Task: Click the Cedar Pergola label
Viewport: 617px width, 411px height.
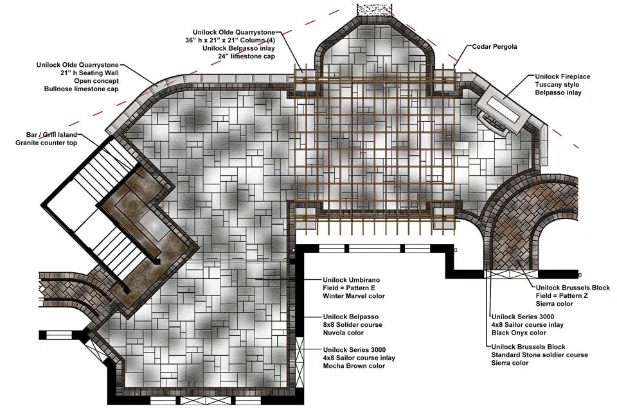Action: click(494, 47)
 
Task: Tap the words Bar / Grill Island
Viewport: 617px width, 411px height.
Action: click(51, 135)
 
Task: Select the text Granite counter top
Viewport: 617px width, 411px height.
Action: click(46, 143)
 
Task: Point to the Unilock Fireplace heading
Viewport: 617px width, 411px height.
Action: click(562, 76)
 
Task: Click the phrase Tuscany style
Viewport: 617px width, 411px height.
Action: click(557, 85)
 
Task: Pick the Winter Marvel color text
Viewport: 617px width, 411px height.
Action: click(353, 296)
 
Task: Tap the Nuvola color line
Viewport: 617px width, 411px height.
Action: click(343, 333)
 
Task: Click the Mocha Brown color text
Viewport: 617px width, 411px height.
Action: click(353, 366)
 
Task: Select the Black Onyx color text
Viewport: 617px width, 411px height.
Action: click(519, 333)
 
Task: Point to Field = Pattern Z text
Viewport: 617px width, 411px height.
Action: click(562, 296)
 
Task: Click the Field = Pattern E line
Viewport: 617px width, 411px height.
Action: click(349, 288)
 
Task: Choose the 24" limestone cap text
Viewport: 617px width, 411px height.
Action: click(246, 57)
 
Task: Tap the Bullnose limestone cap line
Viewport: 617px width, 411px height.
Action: click(82, 89)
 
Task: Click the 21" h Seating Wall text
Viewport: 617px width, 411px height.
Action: click(89, 73)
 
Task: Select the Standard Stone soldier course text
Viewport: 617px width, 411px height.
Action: click(539, 354)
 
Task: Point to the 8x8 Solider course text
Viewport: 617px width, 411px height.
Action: click(353, 325)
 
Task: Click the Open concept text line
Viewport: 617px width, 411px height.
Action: click(96, 81)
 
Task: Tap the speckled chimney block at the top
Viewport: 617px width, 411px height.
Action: click(374, 10)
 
